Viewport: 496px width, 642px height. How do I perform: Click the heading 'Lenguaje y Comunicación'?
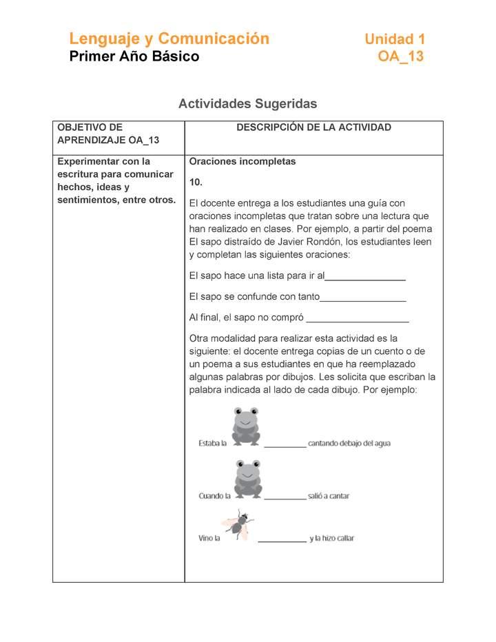point(169,39)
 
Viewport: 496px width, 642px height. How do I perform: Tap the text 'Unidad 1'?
point(395,39)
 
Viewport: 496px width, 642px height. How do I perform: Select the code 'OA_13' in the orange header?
point(400,56)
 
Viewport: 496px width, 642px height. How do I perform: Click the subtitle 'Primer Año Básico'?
point(134,56)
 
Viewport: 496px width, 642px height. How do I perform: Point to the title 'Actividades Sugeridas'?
point(247,104)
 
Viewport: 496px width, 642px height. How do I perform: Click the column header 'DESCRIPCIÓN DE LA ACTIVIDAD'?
point(313,127)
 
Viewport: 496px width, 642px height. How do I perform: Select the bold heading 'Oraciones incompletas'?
point(242,162)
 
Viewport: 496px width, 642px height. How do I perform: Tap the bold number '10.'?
point(196,183)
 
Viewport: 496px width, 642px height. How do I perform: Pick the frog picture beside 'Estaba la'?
point(246,425)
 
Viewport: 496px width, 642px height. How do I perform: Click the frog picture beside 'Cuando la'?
point(247,478)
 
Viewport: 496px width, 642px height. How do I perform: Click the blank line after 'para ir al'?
point(365,279)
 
